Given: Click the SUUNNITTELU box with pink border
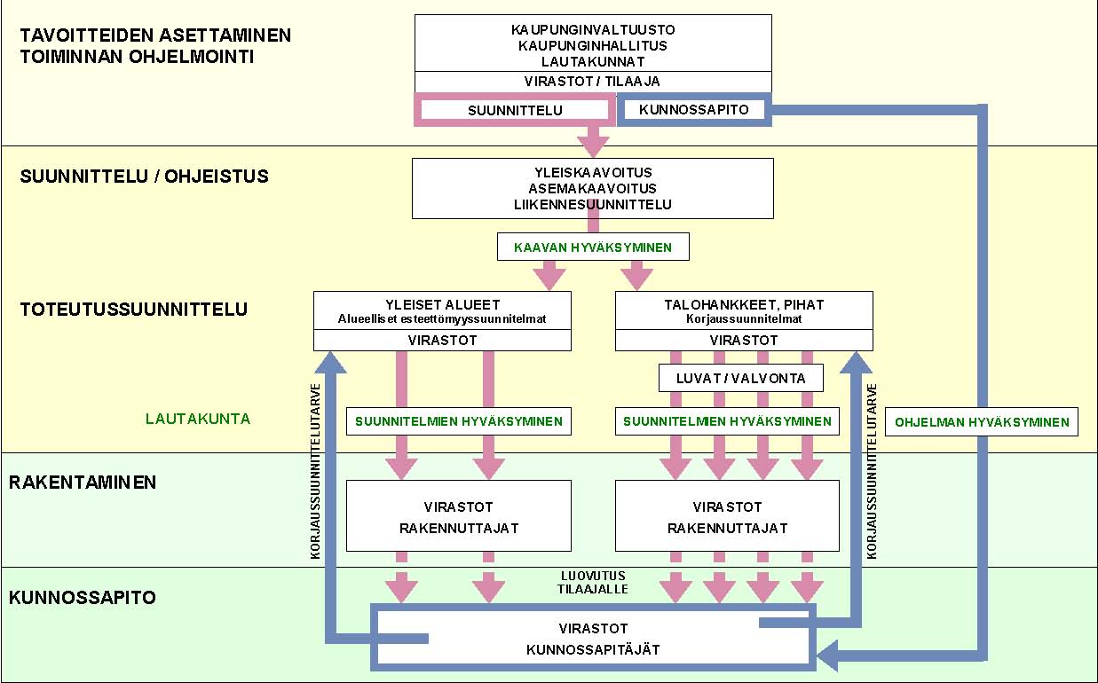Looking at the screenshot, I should point(515,110).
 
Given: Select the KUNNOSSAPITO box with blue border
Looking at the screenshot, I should point(694,110).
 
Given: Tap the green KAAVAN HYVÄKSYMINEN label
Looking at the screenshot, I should point(593,247).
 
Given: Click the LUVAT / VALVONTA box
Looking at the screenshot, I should point(741,378).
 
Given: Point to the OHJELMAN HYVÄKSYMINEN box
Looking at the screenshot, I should point(982,422).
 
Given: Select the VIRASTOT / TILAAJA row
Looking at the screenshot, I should point(593,82).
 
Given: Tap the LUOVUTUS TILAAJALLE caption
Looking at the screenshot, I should point(593,581).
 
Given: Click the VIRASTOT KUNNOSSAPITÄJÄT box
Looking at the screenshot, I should point(593,638).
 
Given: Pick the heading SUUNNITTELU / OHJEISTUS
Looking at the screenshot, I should point(144,177).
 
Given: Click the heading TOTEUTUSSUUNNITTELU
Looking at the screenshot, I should point(134,310).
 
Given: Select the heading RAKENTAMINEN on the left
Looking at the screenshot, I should point(83,483).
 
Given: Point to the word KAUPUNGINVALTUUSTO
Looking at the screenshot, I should point(593,29).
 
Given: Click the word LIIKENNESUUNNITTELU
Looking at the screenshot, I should point(593,205).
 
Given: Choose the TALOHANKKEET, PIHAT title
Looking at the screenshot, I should point(744,304).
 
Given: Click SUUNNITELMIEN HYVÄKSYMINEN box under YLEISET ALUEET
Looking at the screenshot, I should point(459,421).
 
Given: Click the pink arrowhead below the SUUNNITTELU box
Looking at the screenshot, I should point(593,142).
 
